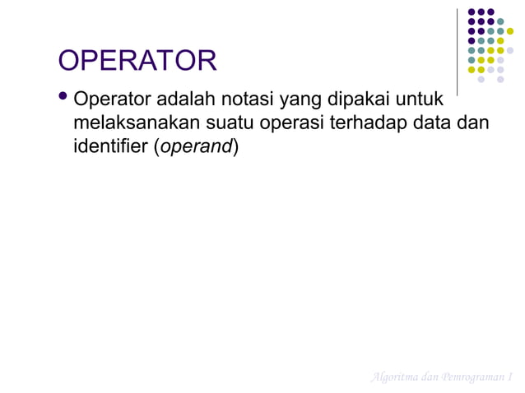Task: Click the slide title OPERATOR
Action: click(x=137, y=61)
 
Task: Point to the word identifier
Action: click(x=109, y=149)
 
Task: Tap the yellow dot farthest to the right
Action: click(x=510, y=31)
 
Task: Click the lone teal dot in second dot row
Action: click(x=500, y=21)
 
